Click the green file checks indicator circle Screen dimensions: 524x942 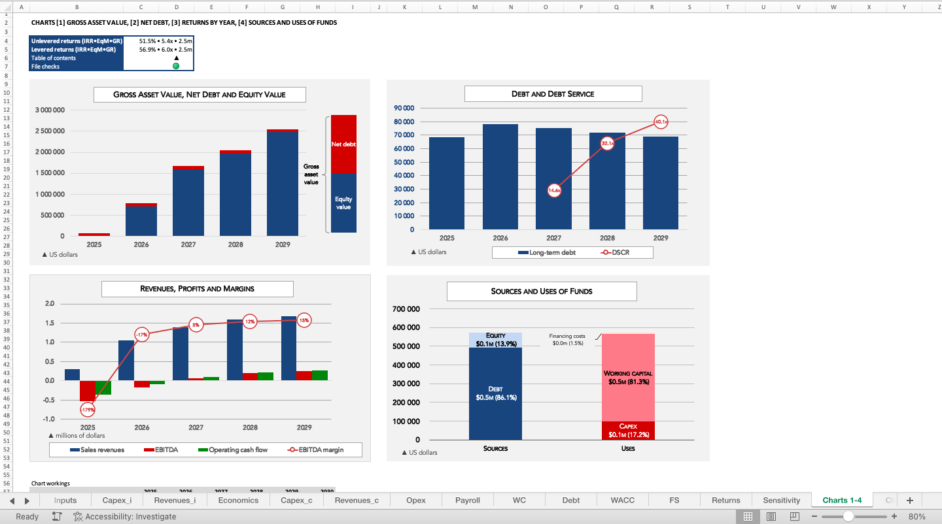click(x=176, y=66)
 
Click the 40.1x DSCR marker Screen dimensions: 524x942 click(x=661, y=122)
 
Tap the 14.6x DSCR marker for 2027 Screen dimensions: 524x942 click(x=554, y=190)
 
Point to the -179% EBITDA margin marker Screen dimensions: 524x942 click(x=88, y=410)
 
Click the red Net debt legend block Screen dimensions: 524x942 click(x=343, y=144)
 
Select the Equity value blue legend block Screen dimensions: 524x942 click(x=343, y=203)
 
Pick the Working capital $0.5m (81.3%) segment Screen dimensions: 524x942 click(x=627, y=378)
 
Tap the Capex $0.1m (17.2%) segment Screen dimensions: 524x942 click(x=627, y=431)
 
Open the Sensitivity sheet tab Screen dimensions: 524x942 click(x=781, y=500)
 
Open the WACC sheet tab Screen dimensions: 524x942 click(x=622, y=500)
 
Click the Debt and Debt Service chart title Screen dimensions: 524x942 click(x=553, y=94)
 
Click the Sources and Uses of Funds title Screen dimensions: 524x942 click(x=541, y=291)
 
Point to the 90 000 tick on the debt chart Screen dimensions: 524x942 click(x=404, y=108)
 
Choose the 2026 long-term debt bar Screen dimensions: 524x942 click(x=500, y=176)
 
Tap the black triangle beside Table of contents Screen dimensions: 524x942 click(x=176, y=58)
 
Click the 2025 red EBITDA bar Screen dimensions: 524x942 click(x=88, y=391)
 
